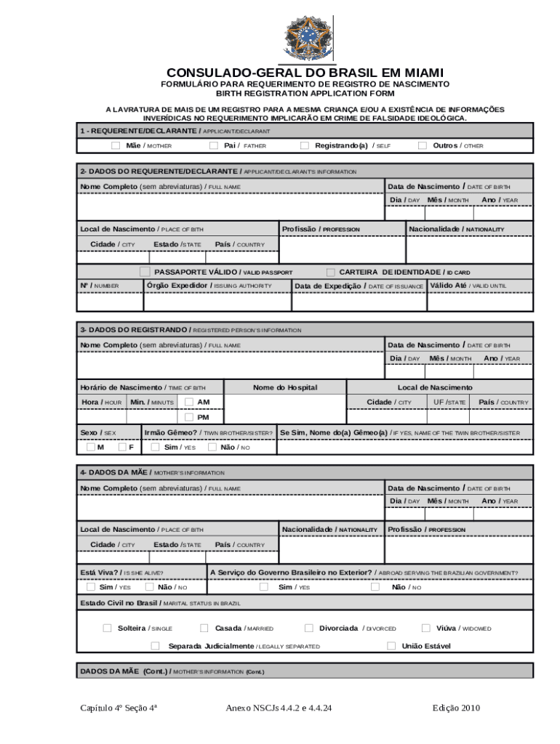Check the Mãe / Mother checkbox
point(116,145)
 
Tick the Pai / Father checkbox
point(214,145)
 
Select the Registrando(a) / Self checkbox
point(305,145)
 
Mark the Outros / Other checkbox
point(423,145)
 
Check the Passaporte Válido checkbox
point(145,272)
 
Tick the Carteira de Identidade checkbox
point(331,272)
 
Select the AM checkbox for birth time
point(189,402)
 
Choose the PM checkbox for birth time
point(189,417)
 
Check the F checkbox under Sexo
point(123,447)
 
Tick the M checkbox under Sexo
point(91,447)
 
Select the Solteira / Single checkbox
point(108,628)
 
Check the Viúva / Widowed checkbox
point(426,628)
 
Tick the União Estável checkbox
point(391,645)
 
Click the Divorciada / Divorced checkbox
point(309,628)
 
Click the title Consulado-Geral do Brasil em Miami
point(305,73)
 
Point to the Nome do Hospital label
point(285,387)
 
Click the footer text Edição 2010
point(456,708)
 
